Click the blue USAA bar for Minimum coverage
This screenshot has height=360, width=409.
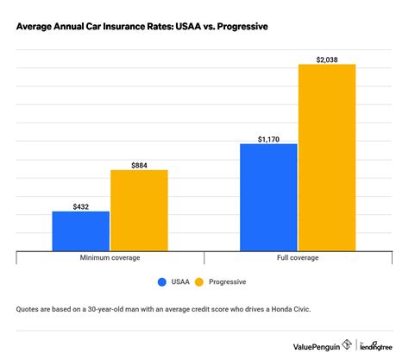[x=81, y=230]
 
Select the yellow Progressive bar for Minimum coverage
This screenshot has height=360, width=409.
[x=139, y=209]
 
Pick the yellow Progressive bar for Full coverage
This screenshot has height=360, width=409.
[x=327, y=156]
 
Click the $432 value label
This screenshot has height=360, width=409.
[x=81, y=205]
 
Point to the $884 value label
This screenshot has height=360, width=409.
[x=139, y=163]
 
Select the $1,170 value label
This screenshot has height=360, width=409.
[x=268, y=136]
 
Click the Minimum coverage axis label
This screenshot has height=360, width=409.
[x=110, y=258]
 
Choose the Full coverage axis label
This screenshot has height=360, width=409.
[x=298, y=258]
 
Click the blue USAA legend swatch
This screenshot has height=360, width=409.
[x=161, y=281]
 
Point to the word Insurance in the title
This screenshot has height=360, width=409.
[x=128, y=26]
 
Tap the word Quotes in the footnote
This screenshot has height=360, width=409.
[x=29, y=309]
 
